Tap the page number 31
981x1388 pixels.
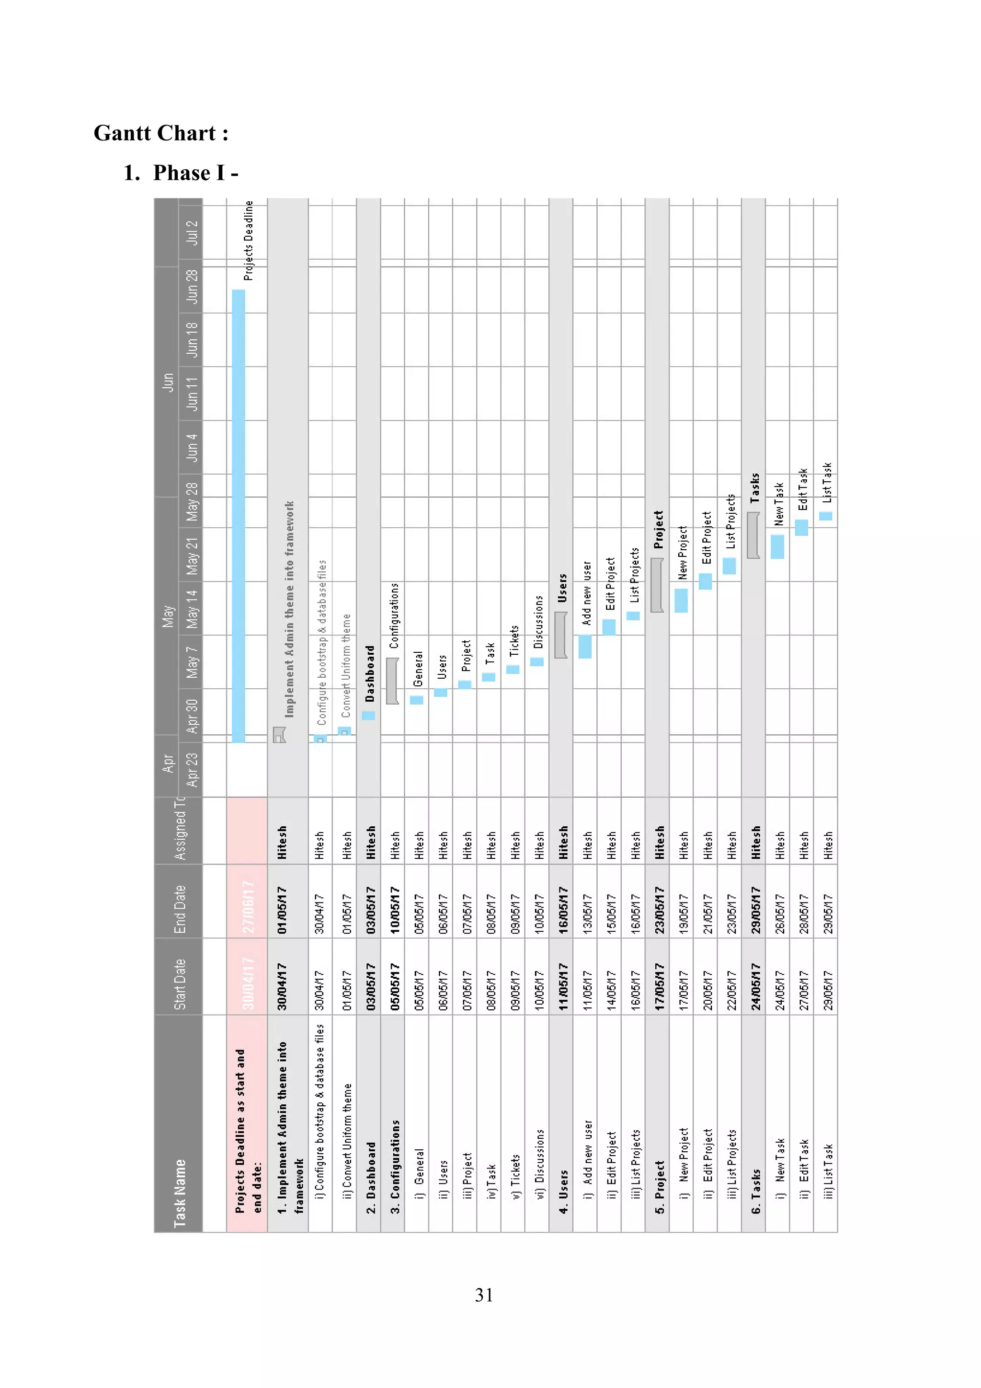(483, 1295)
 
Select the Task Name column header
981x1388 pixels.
(180, 1193)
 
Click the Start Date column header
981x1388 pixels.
(180, 984)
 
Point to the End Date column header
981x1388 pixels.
(180, 909)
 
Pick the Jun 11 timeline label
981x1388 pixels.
(192, 393)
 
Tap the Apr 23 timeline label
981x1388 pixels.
(192, 769)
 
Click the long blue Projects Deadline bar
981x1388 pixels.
(239, 514)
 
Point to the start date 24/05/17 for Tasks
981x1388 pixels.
(755, 986)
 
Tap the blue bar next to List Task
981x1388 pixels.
(825, 516)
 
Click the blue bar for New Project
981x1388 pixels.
(681, 600)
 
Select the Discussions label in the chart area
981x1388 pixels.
(538, 622)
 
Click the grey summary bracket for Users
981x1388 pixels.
(560, 635)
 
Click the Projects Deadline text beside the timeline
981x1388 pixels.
(248, 241)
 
